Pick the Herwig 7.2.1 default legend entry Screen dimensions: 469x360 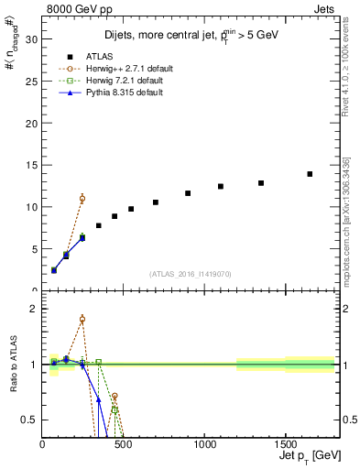point(127,80)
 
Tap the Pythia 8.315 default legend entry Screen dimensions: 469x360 point(127,92)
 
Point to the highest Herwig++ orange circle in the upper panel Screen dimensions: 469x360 point(82,199)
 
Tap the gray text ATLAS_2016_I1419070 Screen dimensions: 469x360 point(191,273)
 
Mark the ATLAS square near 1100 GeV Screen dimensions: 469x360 point(221,186)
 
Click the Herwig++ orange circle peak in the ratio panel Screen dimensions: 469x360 point(82,320)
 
